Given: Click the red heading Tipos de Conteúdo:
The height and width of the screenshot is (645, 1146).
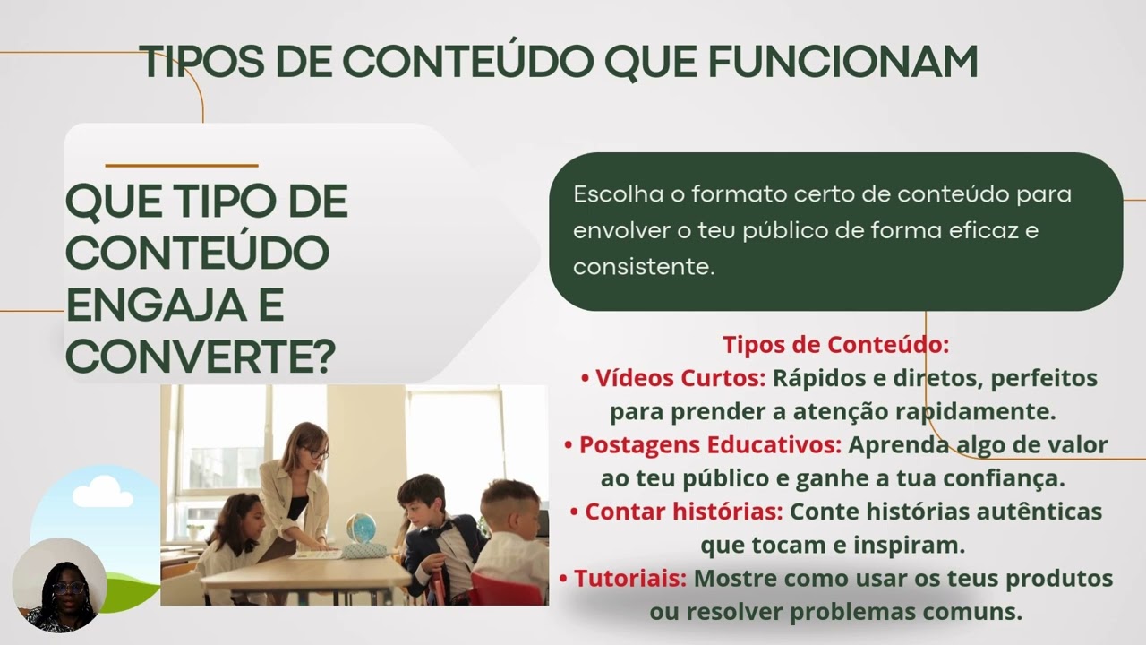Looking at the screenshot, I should (x=835, y=345).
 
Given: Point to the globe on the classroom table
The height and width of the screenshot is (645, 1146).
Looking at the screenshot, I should (x=359, y=528).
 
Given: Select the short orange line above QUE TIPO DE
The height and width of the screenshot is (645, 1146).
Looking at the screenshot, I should (x=181, y=166).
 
